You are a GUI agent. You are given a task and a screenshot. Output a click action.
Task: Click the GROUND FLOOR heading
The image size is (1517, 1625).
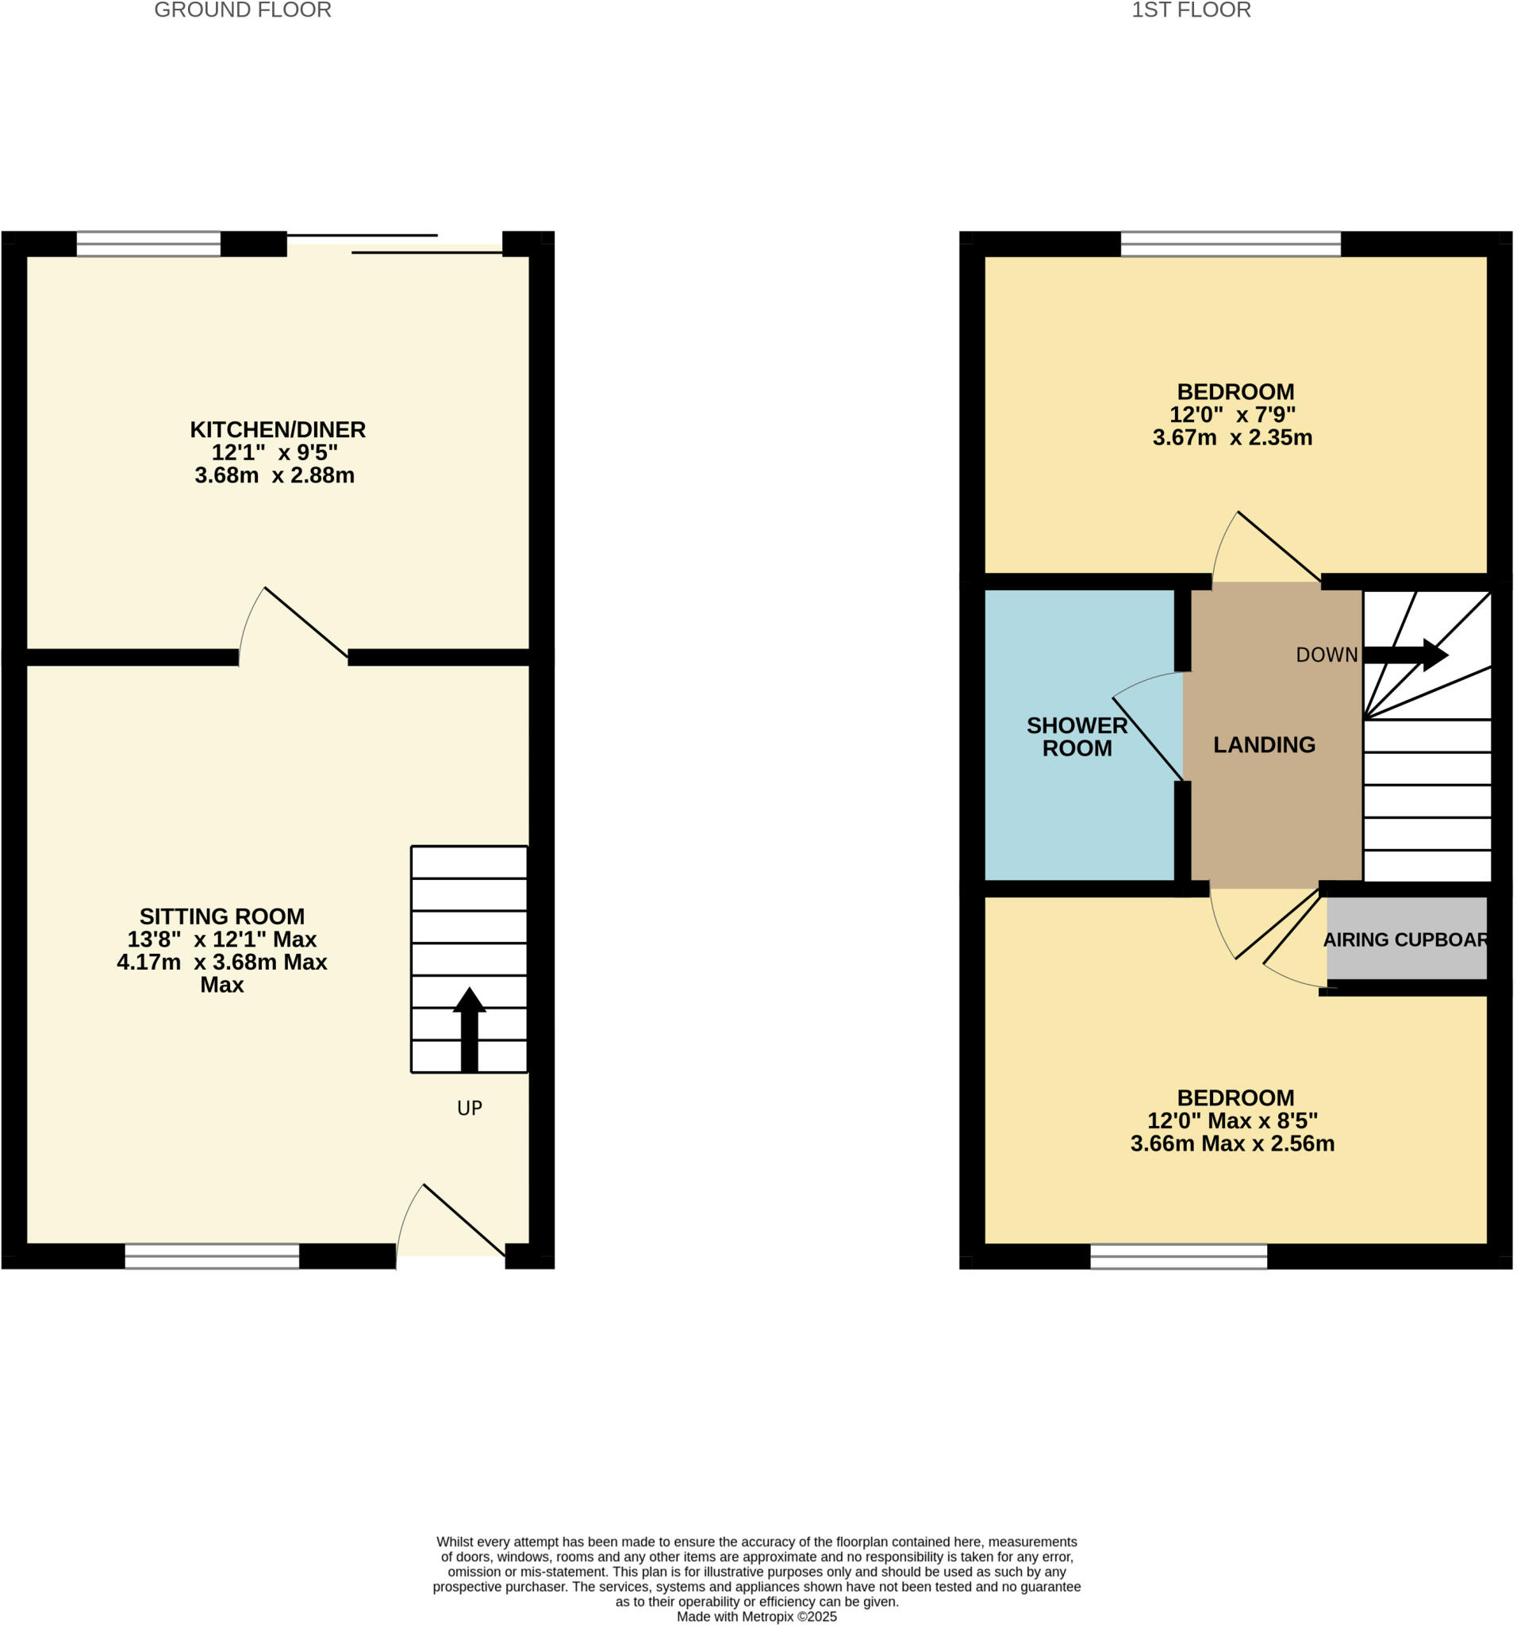point(243,10)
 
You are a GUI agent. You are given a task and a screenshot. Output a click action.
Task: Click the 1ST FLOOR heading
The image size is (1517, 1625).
point(1190,10)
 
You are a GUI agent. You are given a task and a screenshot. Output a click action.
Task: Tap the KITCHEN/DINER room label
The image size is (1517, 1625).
point(277,429)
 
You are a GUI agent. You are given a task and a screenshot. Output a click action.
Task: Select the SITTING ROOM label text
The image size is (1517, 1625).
point(221,916)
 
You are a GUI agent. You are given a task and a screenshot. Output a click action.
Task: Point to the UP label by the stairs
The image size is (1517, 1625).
point(469,1108)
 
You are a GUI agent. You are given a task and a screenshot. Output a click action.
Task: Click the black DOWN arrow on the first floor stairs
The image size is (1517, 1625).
point(1405,655)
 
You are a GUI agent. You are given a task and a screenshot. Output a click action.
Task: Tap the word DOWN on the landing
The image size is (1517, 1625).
point(1327,655)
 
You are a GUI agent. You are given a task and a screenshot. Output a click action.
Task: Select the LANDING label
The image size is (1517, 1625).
point(1264,744)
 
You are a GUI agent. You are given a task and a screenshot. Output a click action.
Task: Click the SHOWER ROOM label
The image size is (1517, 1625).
point(1077,736)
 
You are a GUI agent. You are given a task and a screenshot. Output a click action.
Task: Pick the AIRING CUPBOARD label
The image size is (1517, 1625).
point(1404,940)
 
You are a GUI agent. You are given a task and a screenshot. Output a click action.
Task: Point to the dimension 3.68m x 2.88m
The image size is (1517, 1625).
point(275,475)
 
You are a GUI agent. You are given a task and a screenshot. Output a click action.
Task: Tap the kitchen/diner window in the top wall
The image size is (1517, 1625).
point(148,244)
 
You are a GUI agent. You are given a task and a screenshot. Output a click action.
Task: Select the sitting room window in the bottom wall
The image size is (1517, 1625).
point(212,1256)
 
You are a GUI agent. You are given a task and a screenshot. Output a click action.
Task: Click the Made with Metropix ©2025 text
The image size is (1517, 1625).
point(756,1616)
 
